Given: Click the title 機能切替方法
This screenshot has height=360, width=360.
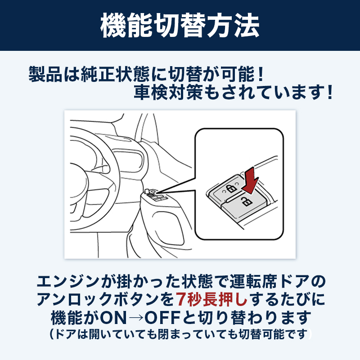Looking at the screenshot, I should [x=180, y=26].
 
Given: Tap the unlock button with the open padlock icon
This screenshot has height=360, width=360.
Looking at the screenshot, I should [x=246, y=202].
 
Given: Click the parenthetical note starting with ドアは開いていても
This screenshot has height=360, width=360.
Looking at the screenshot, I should [x=180, y=334].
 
